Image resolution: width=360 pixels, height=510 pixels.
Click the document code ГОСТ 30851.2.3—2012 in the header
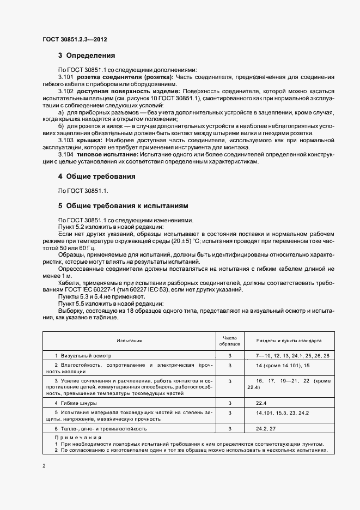coord(75,39)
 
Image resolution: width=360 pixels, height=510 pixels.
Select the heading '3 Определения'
coord(87,55)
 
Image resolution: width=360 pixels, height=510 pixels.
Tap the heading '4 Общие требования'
coord(97,177)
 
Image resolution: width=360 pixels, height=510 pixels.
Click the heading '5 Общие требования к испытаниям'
coord(123,207)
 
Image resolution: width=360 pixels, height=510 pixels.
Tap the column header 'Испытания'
coord(129,340)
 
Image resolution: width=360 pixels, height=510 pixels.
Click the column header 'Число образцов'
coord(229,340)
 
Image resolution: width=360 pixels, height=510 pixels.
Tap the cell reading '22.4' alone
coord(261,403)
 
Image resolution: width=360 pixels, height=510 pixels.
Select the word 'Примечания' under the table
coord(76,437)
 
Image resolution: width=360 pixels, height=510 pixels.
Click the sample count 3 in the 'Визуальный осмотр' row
coord(230,355)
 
